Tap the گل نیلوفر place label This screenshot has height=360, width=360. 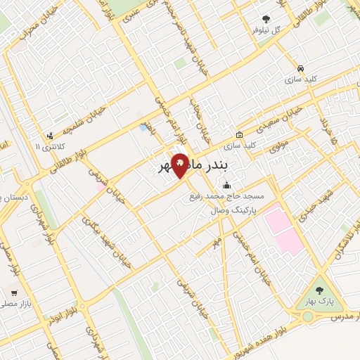(x=267, y=31)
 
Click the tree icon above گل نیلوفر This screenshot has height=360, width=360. (x=266, y=20)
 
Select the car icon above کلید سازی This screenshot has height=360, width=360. (x=300, y=68)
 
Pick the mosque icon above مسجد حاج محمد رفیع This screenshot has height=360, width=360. (x=226, y=186)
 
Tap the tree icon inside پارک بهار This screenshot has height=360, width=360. (x=321, y=288)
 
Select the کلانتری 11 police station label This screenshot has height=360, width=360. (x=48, y=147)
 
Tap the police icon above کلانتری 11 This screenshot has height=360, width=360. (x=49, y=136)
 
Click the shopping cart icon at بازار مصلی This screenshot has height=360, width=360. (x=15, y=292)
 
